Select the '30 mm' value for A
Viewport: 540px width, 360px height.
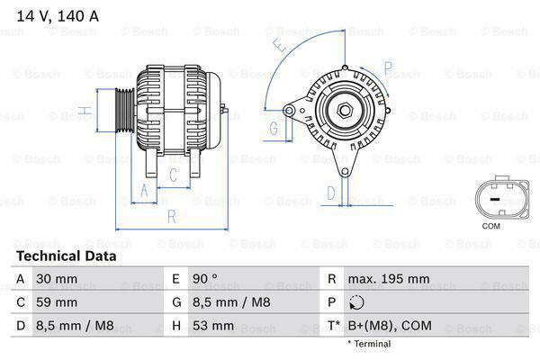tap(56, 279)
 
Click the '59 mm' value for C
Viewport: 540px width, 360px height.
tap(56, 301)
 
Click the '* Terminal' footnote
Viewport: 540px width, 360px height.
tap(371, 344)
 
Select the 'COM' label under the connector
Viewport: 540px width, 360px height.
tap(490, 226)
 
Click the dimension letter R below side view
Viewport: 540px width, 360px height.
tap(171, 215)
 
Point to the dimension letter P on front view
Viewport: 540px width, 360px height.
tap(388, 67)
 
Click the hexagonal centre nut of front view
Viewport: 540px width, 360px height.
tap(344, 112)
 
